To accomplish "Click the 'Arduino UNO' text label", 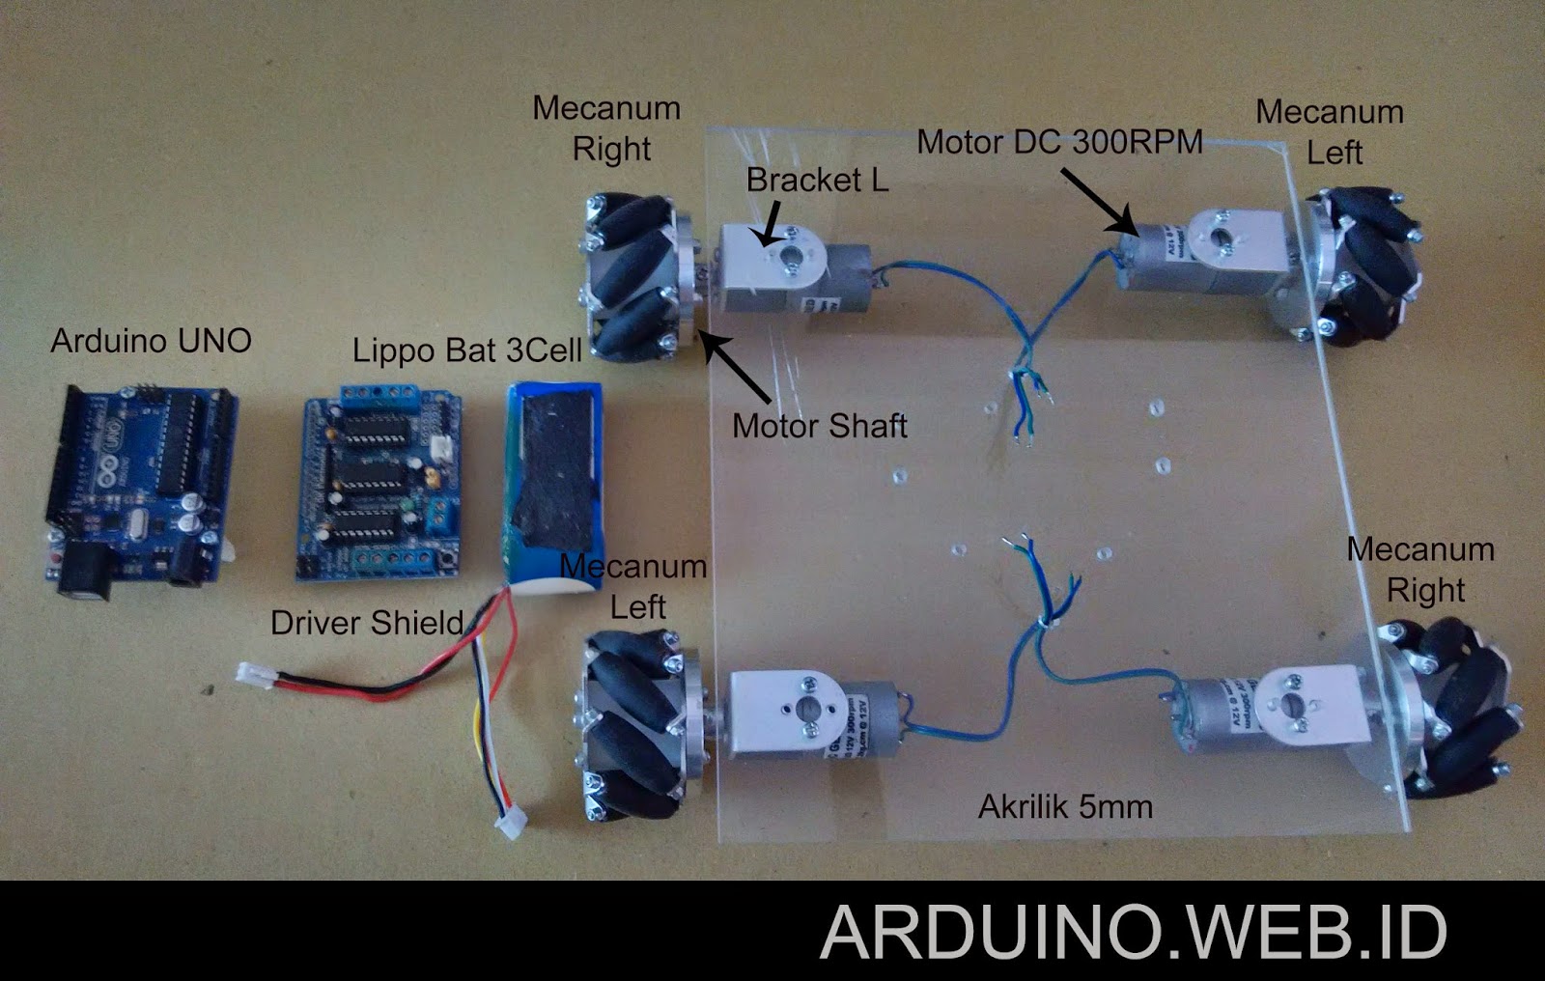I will [x=152, y=341].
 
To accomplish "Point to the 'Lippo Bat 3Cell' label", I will [x=466, y=350].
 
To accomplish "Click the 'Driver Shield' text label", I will [x=367, y=623].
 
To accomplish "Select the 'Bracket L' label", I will [x=817, y=180].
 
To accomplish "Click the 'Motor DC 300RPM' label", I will [x=1059, y=142].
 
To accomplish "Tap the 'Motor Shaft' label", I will [x=819, y=426].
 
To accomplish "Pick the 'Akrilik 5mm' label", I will [x=1065, y=806].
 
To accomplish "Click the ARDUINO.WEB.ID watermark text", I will [x=1134, y=932].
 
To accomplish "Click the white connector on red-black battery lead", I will [x=252, y=673].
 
